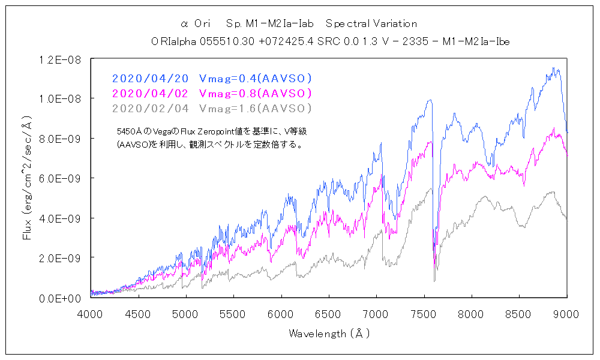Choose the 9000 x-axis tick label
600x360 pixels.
pos(567,313)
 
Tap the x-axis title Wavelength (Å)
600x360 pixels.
pos(329,333)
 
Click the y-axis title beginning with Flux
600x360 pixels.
pos(26,178)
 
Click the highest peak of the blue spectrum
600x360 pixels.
pos(553,68)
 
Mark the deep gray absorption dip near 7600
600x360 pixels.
pos(434,280)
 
